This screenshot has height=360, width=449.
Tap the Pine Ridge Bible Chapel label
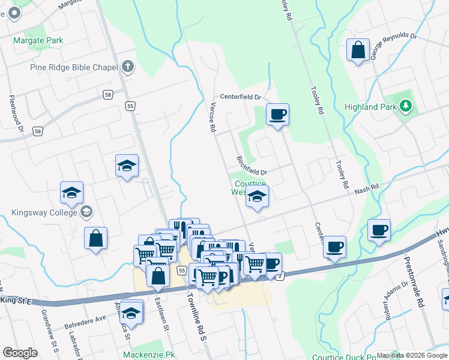point(73,67)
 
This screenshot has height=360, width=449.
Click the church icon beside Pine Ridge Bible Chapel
point(127,67)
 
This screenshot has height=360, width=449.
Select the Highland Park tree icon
point(406,107)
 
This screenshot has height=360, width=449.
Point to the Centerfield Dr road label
point(241,97)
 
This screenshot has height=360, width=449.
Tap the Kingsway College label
point(44,212)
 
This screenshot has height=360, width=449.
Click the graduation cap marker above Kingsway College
point(71,193)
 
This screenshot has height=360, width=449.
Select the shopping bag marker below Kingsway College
point(96,238)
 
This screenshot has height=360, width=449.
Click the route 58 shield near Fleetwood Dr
point(38,131)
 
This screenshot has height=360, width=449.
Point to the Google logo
point(20,353)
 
